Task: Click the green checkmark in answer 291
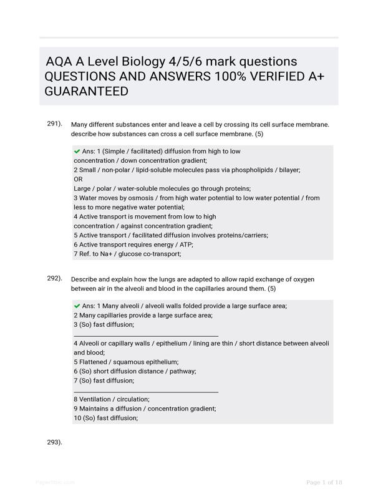[x=77, y=152]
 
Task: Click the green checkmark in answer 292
[x=77, y=306]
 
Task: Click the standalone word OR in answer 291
[x=78, y=179]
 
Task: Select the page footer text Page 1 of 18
[x=324, y=482]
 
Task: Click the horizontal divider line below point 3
[x=146, y=336]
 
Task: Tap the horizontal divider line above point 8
[x=146, y=392]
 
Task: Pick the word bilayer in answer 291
[x=288, y=170]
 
